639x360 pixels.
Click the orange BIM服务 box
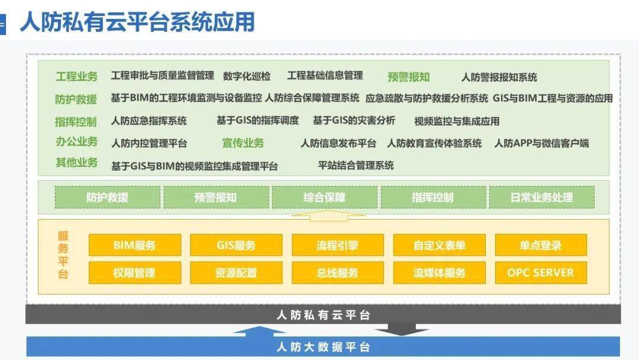(135, 245)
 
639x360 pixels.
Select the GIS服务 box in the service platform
(236, 245)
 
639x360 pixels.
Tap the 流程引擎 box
(338, 245)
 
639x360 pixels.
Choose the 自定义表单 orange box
(439, 245)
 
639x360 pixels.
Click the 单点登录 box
(541, 245)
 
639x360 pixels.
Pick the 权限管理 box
(135, 273)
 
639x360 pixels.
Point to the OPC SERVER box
(541, 273)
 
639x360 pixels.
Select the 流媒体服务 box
(439, 273)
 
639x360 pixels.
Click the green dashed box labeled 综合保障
(324, 197)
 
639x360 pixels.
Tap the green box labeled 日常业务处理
(542, 197)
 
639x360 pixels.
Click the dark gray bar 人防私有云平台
(323, 314)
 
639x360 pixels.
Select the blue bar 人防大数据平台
(323, 346)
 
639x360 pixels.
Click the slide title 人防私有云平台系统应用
(137, 21)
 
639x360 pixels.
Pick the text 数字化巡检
(247, 76)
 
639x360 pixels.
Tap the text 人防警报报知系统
(499, 77)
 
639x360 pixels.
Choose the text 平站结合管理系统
(356, 165)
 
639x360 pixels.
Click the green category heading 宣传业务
(243, 143)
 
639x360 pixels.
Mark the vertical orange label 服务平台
(63, 255)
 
